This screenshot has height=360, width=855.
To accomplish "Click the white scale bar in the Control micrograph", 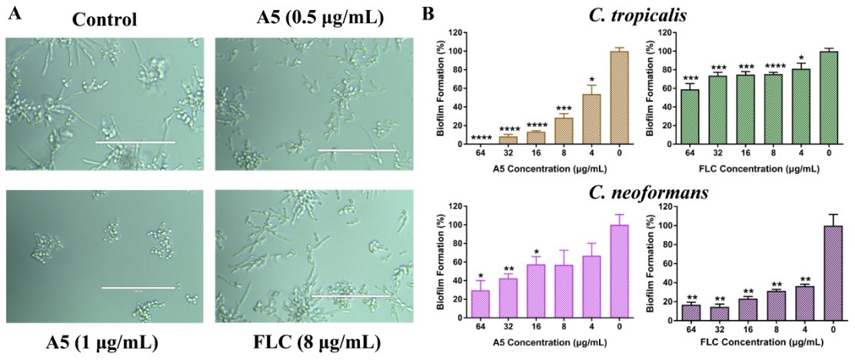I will (135, 142).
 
